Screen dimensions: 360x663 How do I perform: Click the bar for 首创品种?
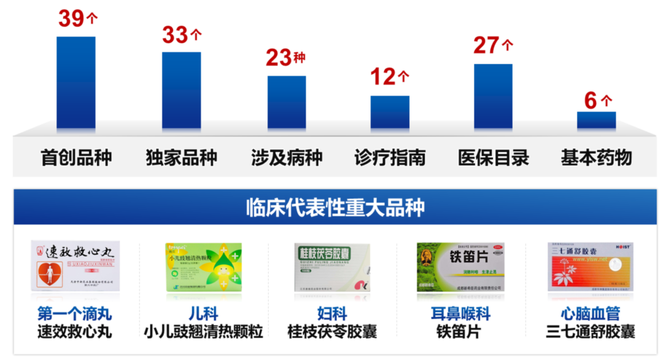[x=76, y=83]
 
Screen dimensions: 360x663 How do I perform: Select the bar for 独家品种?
[x=181, y=90]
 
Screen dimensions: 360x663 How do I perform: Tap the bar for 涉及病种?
[x=286, y=103]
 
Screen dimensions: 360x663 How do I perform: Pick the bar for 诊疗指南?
[x=390, y=112]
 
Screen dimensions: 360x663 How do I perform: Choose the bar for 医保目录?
[x=493, y=96]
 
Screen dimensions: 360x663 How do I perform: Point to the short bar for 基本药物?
[x=596, y=120]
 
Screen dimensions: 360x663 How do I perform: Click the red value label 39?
[x=71, y=18]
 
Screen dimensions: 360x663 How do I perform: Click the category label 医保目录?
[x=493, y=158]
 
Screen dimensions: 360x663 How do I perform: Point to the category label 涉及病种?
[x=286, y=158]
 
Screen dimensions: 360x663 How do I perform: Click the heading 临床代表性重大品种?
[x=335, y=207]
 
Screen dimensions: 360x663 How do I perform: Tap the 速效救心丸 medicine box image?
[x=76, y=266]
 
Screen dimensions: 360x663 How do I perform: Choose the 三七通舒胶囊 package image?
[x=590, y=266]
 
